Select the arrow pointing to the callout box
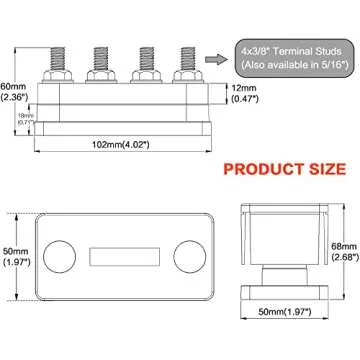tap(213, 59)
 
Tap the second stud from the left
tap(101, 52)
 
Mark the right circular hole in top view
tap(185, 255)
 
